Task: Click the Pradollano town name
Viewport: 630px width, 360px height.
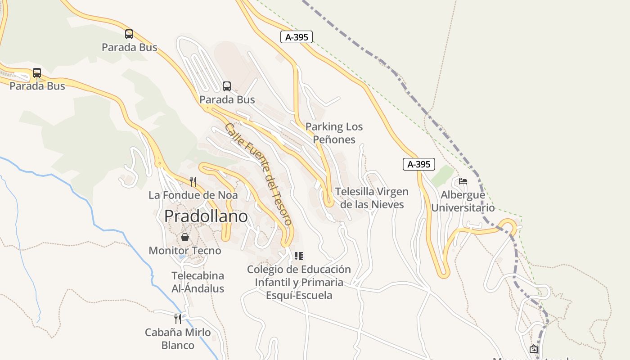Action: point(206,216)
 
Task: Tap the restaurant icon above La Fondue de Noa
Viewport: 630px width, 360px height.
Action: point(193,182)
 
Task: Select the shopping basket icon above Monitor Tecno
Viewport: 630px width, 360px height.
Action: point(184,237)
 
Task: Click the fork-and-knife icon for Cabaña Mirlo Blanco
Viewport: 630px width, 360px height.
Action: point(178,319)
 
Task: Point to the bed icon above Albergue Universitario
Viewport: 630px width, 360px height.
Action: point(463,181)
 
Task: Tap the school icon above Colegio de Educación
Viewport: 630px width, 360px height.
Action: point(299,256)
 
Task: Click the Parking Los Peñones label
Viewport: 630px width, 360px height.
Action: point(334,133)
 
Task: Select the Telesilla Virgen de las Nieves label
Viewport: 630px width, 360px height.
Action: point(372,198)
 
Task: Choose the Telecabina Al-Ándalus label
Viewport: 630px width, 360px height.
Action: point(198,282)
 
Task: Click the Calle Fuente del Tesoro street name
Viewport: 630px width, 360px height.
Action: point(259,174)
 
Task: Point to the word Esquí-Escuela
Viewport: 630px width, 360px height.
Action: point(299,296)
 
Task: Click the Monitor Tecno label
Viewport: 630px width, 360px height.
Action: point(185,251)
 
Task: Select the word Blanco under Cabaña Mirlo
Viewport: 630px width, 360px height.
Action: point(178,346)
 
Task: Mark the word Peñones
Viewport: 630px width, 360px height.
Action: point(334,139)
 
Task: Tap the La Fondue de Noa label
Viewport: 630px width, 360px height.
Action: point(193,195)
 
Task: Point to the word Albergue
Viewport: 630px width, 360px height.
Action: point(463,195)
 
